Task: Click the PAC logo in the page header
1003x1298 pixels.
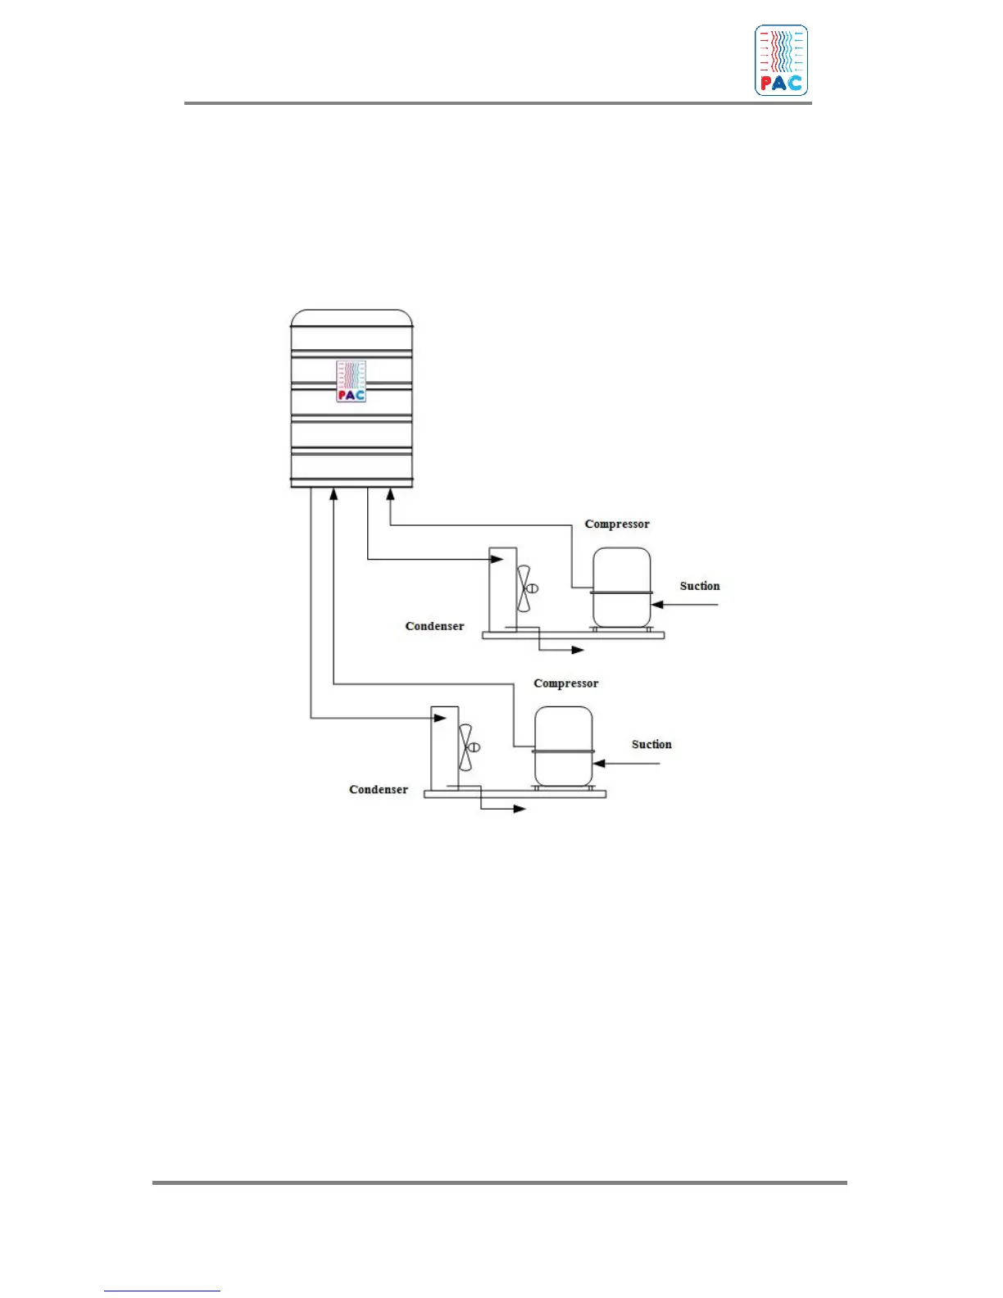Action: pos(781,61)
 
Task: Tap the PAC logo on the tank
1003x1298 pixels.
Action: pos(352,381)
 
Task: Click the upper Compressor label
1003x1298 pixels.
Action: pos(617,524)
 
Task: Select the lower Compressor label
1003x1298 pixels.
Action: pos(565,683)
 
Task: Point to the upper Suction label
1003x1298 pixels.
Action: pos(699,586)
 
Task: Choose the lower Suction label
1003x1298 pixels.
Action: pos(651,744)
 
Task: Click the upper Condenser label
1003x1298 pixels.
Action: pos(434,626)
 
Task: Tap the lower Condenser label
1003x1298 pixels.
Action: pos(378,789)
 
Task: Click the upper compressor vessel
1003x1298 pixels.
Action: pos(621,588)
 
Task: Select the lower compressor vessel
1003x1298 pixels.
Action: pos(563,746)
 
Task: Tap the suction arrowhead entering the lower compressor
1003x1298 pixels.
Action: pos(599,763)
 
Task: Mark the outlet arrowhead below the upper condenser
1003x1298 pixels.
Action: pos(578,650)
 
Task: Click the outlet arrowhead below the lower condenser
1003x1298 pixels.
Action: pos(520,809)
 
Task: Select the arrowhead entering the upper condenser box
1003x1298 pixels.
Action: pos(497,560)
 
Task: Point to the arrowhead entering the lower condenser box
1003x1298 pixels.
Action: pos(439,719)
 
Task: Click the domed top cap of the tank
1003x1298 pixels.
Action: pos(352,317)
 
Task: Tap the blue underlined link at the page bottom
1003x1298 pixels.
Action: pos(162,1291)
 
